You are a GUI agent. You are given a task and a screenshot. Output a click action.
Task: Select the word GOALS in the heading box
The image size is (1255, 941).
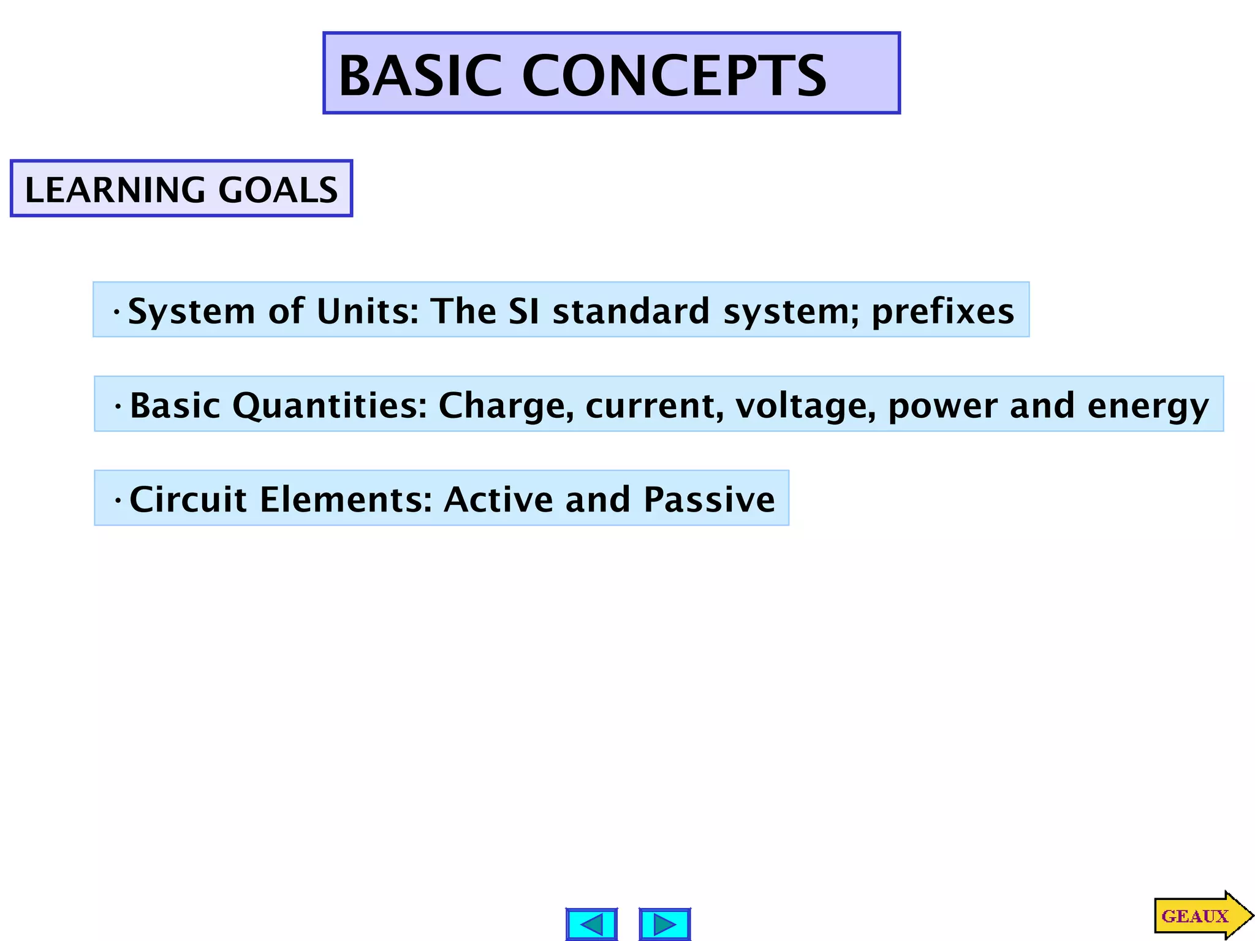point(278,190)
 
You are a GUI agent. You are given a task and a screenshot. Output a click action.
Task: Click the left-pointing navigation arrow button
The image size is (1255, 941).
point(591,924)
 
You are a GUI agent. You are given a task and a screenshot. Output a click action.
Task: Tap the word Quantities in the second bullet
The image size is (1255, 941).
point(329,406)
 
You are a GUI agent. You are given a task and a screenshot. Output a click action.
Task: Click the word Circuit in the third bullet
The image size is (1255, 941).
point(188,499)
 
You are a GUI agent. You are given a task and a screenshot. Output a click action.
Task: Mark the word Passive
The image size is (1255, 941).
point(709,499)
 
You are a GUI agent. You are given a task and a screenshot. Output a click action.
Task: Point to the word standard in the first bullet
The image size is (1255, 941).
point(631,311)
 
